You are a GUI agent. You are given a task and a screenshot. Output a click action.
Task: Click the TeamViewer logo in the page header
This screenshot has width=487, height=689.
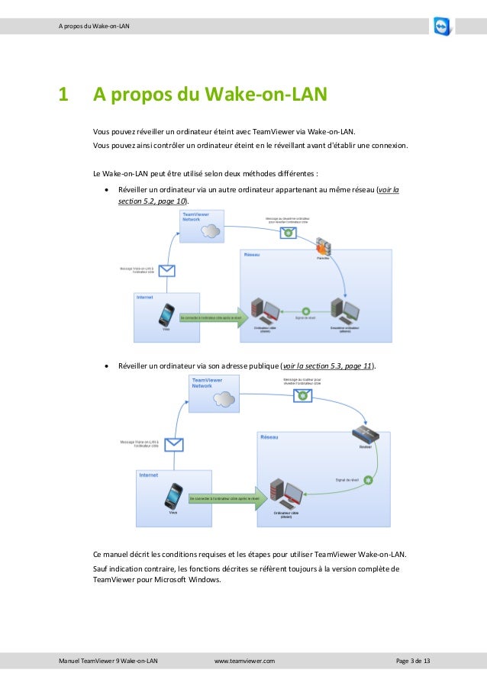[x=442, y=26]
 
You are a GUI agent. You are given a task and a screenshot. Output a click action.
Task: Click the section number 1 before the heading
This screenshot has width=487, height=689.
[x=63, y=95]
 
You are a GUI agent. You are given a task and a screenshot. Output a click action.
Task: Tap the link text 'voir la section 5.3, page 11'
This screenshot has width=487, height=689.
[x=327, y=366]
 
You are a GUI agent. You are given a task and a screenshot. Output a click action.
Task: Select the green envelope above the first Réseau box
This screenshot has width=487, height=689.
[x=289, y=232]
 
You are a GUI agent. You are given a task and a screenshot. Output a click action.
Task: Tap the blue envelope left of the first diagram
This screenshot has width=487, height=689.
[x=166, y=269]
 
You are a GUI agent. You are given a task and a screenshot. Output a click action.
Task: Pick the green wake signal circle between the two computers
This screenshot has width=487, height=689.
[x=305, y=311]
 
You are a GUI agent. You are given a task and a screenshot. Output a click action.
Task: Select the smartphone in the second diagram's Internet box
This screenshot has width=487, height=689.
[x=174, y=495]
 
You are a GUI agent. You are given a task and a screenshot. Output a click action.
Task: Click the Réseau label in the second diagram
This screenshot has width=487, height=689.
[x=269, y=437]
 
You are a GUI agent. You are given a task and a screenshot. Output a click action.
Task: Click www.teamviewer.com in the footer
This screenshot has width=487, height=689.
[x=245, y=659]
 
